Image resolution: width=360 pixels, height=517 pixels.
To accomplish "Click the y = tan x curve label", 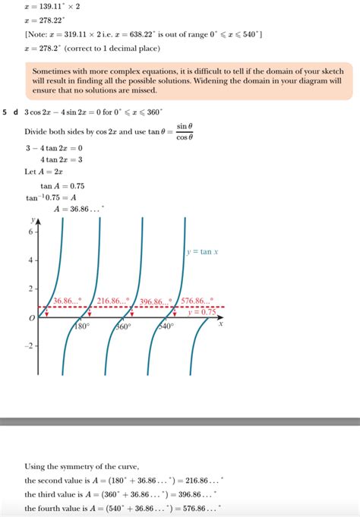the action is (203, 251).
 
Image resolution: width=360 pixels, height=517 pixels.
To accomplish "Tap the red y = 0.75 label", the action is (202, 312).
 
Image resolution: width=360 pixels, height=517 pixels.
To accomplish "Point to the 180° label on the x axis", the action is (82, 326).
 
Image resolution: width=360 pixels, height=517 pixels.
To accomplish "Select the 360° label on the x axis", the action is (124, 326).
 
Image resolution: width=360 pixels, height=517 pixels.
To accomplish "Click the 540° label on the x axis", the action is (166, 326).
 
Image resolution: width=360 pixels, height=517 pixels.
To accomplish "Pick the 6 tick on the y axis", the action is (30, 231).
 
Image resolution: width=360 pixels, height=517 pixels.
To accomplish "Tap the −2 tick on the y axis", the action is (29, 345).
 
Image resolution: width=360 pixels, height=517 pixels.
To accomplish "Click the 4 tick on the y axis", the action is (30, 260).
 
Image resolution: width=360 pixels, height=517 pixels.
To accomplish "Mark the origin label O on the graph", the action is (31, 319).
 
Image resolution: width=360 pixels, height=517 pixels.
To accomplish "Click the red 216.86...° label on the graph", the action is (113, 301).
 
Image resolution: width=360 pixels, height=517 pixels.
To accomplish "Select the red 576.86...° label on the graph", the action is (197, 301).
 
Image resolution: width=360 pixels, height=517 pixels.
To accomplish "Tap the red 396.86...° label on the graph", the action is (156, 301).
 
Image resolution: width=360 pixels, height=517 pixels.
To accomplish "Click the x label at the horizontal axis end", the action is (220, 323).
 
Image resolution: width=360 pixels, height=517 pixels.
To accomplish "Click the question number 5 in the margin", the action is (5, 112).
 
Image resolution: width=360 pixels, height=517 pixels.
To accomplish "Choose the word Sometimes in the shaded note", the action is (52, 71).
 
